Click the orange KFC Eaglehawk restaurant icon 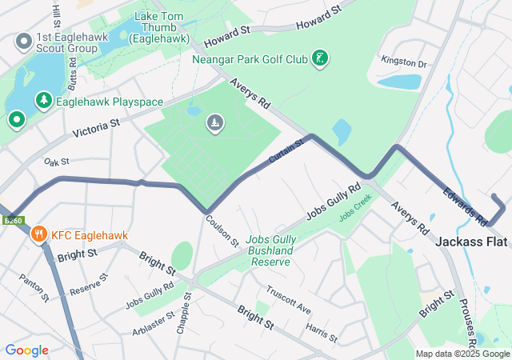[x=38, y=234]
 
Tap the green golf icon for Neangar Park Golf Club [x=320, y=58]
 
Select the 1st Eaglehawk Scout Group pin [x=23, y=40]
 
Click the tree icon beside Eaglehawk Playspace [x=42, y=102]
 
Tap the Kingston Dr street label [x=405, y=62]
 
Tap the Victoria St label [x=95, y=128]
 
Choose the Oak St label [x=58, y=161]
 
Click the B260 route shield [x=12, y=220]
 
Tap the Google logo [x=27, y=350]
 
